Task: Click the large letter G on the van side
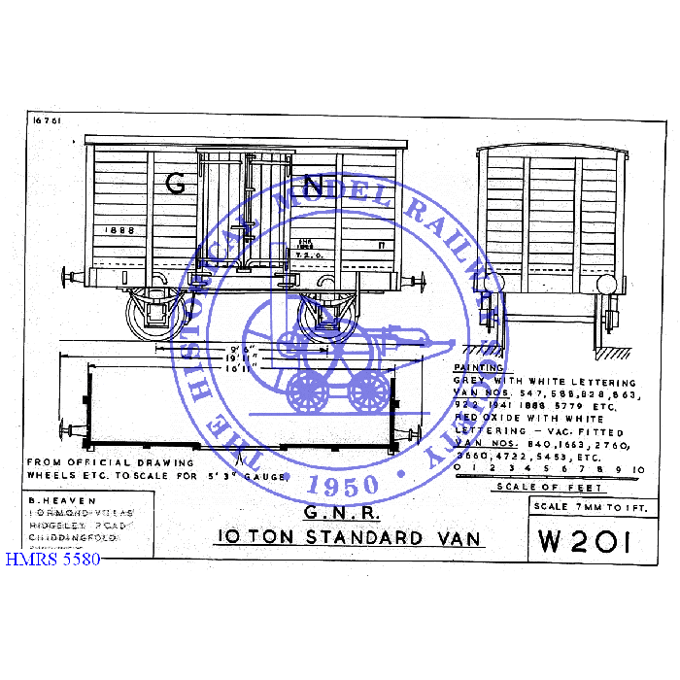pyautogui.click(x=176, y=184)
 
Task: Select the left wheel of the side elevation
pyautogui.click(x=155, y=312)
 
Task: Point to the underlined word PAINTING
pyautogui.click(x=479, y=368)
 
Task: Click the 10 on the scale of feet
pyautogui.click(x=639, y=468)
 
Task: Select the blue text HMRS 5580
pyautogui.click(x=51, y=561)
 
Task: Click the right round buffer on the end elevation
pyautogui.click(x=606, y=285)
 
